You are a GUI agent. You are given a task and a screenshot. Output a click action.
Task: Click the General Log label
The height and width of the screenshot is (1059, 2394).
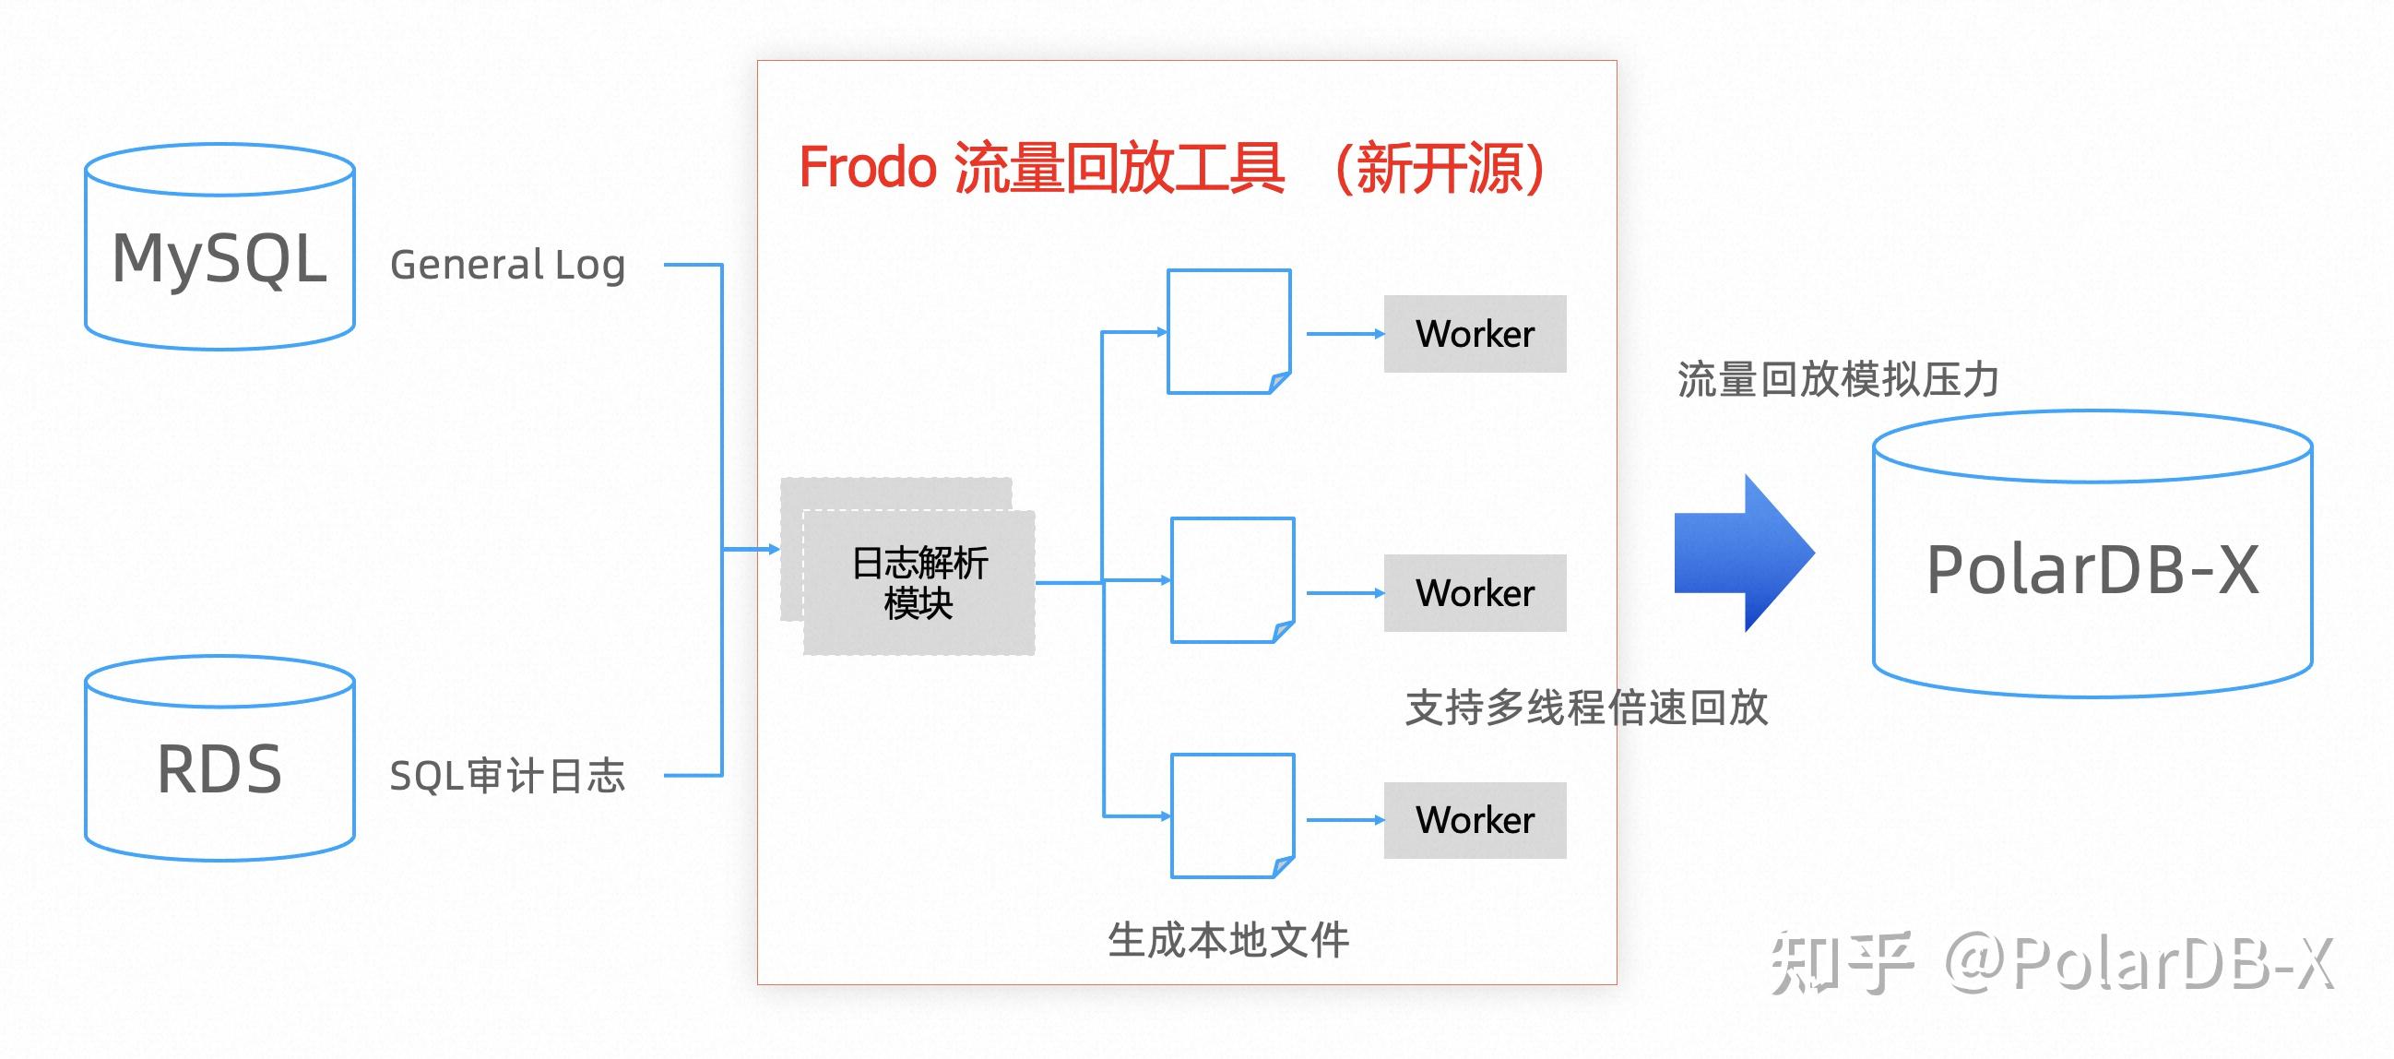point(507,265)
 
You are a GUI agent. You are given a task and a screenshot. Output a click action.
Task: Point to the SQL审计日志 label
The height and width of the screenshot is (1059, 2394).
point(507,776)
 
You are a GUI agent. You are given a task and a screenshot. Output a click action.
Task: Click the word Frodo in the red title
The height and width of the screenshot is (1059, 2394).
point(866,168)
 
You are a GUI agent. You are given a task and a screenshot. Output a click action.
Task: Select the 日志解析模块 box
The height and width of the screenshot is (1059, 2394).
point(918,583)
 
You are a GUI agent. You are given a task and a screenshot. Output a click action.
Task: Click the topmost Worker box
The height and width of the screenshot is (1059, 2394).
point(1474,334)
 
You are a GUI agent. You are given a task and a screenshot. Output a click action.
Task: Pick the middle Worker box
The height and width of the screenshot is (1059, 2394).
point(1474,593)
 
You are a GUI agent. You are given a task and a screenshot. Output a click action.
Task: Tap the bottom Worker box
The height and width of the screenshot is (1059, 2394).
point(1474,820)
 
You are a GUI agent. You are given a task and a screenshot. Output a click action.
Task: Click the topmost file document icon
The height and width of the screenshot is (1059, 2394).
point(1228,331)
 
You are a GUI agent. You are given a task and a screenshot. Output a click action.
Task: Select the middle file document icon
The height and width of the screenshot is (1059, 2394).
point(1232,579)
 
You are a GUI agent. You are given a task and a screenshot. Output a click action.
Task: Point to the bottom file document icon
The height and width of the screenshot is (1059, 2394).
point(1232,815)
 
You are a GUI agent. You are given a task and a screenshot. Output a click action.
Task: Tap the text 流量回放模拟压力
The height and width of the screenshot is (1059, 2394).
point(1837,379)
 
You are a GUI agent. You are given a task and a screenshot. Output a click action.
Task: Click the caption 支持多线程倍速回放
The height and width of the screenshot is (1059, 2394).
point(1585,708)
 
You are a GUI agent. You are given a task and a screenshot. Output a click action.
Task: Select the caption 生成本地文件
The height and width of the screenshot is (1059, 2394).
point(1227,940)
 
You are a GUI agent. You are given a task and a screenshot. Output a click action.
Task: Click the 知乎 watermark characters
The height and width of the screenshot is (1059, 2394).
point(1841,962)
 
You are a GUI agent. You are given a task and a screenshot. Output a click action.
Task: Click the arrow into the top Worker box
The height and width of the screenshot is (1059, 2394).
point(1344,334)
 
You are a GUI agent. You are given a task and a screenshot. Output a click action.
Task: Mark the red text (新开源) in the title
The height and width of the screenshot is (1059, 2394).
point(1439,168)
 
